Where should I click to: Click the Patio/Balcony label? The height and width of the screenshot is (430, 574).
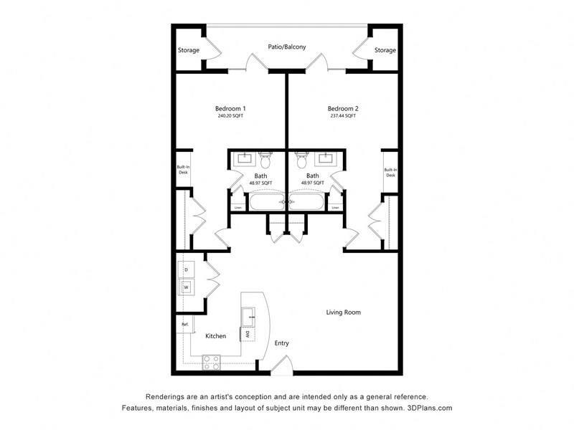click(x=287, y=47)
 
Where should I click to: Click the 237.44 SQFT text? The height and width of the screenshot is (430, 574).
click(x=342, y=116)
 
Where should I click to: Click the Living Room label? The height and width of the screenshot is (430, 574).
click(x=343, y=312)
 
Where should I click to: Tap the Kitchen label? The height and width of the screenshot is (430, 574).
click(x=216, y=336)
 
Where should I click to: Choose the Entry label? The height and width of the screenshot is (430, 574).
click(x=282, y=343)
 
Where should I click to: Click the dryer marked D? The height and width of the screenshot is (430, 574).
click(x=187, y=269)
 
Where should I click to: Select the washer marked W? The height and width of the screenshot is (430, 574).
click(x=187, y=287)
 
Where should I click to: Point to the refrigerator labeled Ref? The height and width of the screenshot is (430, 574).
click(x=184, y=325)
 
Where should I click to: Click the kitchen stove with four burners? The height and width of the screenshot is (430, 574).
click(x=211, y=363)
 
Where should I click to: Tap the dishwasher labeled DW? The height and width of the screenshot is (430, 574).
click(x=247, y=335)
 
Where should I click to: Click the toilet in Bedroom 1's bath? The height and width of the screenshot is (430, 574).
click(x=265, y=158)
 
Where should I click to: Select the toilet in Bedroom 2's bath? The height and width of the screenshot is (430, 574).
click(x=301, y=158)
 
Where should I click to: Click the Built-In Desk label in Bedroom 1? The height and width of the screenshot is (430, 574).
click(x=184, y=170)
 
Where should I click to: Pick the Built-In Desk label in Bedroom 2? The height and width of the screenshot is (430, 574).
click(x=390, y=173)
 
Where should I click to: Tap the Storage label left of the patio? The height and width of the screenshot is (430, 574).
click(x=189, y=50)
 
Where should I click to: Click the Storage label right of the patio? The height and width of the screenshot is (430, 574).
click(x=385, y=50)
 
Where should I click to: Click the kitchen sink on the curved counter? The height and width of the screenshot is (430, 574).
click(x=248, y=313)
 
